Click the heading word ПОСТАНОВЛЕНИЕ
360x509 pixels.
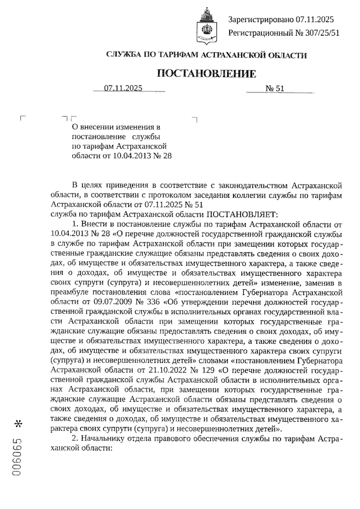[207, 73]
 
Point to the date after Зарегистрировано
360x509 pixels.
[314, 20]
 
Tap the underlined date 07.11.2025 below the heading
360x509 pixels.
[123, 88]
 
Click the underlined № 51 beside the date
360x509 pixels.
[275, 88]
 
